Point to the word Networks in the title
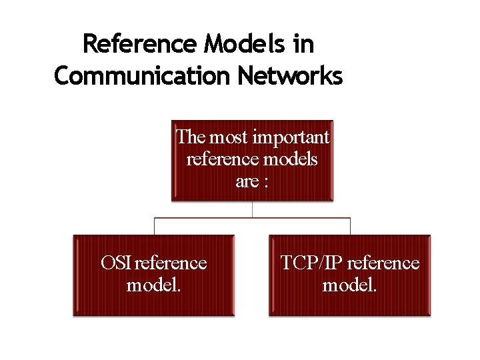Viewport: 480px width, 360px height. [289, 76]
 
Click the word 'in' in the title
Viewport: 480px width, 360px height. [303, 45]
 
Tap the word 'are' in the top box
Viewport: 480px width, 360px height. [246, 181]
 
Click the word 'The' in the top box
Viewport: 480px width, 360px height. [191, 137]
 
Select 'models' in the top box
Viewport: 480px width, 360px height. [291, 159]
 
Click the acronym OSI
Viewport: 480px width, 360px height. [116, 263]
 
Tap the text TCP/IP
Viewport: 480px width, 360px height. [311, 263]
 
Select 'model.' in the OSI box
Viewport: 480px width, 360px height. [153, 285]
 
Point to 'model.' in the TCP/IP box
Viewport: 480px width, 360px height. [350, 285]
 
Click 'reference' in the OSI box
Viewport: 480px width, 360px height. [171, 263]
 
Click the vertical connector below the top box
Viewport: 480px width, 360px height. [252, 209]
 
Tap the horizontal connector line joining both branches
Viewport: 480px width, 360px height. [200, 217]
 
